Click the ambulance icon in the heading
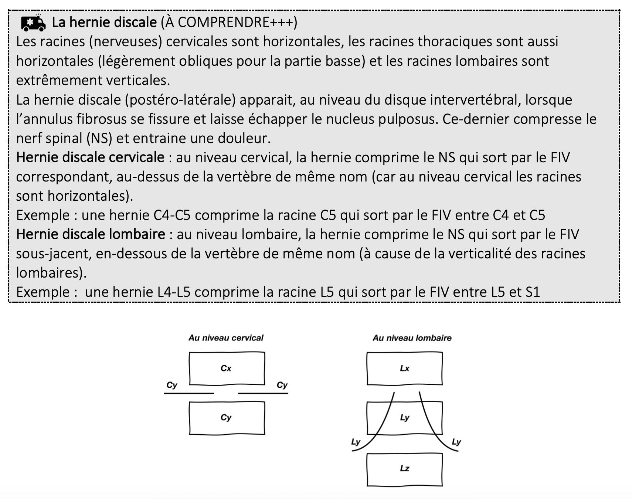pyautogui.click(x=33, y=23)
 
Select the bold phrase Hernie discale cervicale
pyautogui.click(x=90, y=157)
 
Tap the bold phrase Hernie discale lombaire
pyautogui.click(x=91, y=234)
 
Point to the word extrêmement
pyautogui.click(x=59, y=80)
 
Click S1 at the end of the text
pyautogui.click(x=533, y=292)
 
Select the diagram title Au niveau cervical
pyautogui.click(x=226, y=338)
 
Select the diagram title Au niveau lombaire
pyautogui.click(x=412, y=338)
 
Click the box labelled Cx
pyautogui.click(x=227, y=368)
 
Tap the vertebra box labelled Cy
pyautogui.click(x=227, y=418)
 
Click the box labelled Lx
pyautogui.click(x=404, y=368)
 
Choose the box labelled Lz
pyautogui.click(x=404, y=469)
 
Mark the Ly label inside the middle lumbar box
pyautogui.click(x=405, y=418)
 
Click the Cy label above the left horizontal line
pyautogui.click(x=172, y=385)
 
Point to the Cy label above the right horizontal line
pyautogui.click(x=282, y=385)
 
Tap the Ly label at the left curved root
pyautogui.click(x=356, y=442)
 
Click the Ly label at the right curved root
pyautogui.click(x=456, y=442)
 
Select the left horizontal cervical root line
pyautogui.click(x=189, y=393)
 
